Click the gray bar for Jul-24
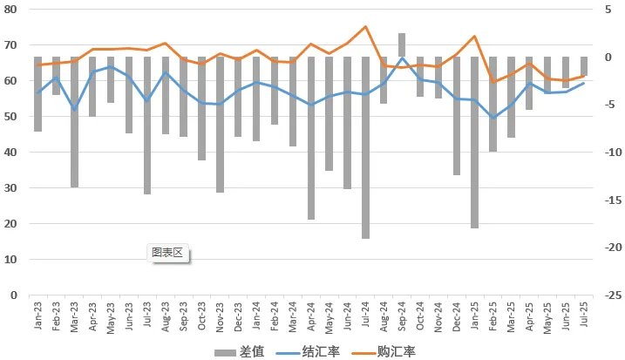pyautogui.click(x=365, y=147)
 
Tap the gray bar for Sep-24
pyautogui.click(x=402, y=45)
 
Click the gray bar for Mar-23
pyautogui.click(x=75, y=122)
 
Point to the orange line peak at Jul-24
pyautogui.click(x=365, y=27)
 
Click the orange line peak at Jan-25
pyautogui.click(x=475, y=37)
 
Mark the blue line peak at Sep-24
pyautogui.click(x=402, y=58)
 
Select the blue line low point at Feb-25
pyautogui.click(x=493, y=118)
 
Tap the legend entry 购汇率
pyautogui.click(x=384, y=351)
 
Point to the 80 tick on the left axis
pyautogui.click(x=12, y=9)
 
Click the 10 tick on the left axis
pyautogui.click(x=12, y=260)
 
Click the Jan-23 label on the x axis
pyautogui.click(x=38, y=316)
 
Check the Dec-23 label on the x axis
pyautogui.click(x=239, y=316)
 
